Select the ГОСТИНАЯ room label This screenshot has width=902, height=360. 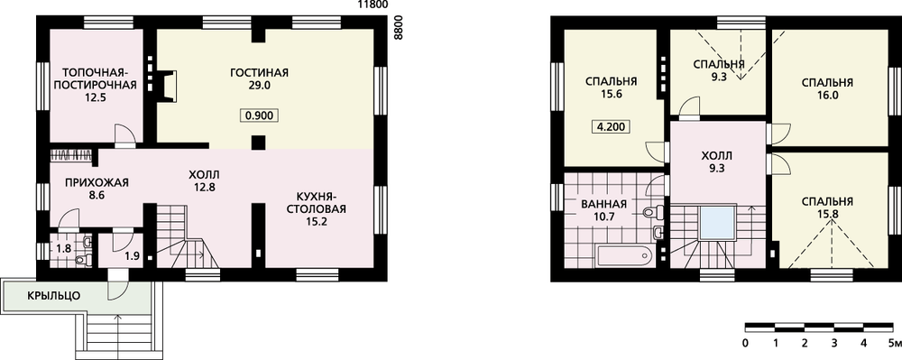click(x=259, y=73)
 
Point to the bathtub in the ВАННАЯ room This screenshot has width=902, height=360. click(x=624, y=256)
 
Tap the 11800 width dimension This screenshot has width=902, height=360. click(x=373, y=5)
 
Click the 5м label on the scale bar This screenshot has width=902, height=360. click(x=893, y=344)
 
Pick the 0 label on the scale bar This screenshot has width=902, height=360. click(x=745, y=344)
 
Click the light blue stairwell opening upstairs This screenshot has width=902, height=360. click(x=717, y=223)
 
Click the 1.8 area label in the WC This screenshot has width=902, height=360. click(x=63, y=250)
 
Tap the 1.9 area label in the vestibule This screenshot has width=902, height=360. click(x=132, y=256)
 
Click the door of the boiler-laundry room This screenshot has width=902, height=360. click(x=124, y=134)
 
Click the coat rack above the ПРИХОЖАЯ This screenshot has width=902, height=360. click(x=70, y=155)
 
